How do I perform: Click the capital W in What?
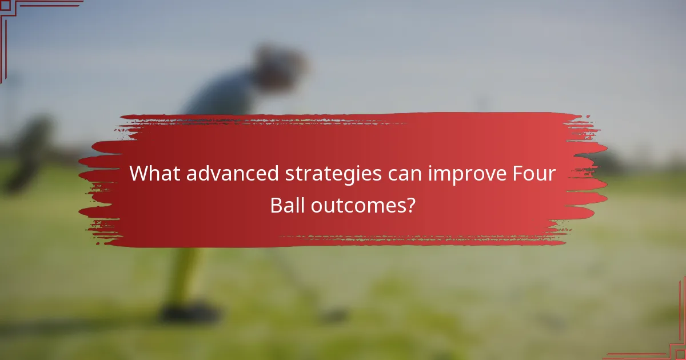(x=138, y=174)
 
